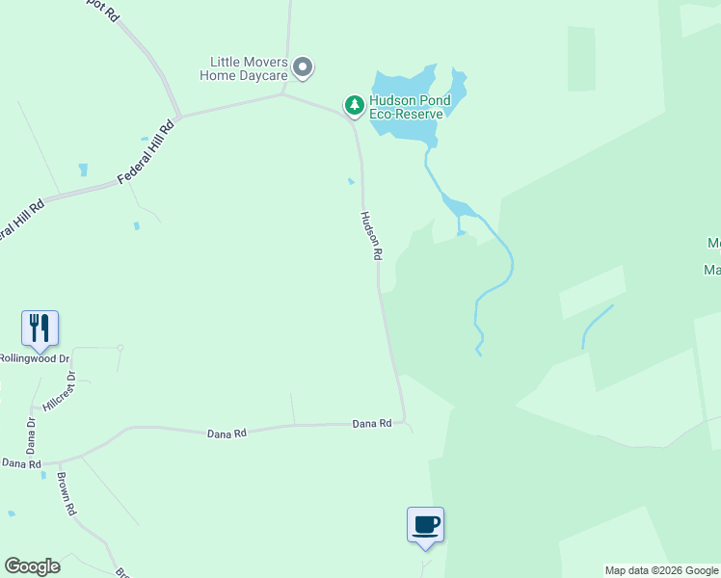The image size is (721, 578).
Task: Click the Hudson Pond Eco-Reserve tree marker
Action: pos(355,104)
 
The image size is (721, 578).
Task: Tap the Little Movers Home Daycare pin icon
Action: pos(303,67)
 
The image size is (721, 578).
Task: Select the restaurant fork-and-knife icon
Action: pos(40,328)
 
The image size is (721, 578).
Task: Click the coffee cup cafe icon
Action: pos(425,525)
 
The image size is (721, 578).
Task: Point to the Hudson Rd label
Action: pos(372,237)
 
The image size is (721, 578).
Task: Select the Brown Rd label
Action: pos(66,494)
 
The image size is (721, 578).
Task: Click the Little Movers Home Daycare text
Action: pos(244,67)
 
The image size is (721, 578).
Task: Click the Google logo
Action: pos(32,566)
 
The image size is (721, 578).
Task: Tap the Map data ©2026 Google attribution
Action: pos(661,570)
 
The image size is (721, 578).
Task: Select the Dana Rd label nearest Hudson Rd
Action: pos(371,423)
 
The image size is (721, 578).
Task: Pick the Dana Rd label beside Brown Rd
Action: pos(21,463)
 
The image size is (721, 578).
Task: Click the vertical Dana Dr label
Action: pos(31,435)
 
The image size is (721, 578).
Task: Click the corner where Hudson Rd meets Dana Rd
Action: pos(404,420)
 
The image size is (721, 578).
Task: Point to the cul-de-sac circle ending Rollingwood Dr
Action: pos(120,347)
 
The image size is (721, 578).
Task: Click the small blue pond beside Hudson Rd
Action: pos(351,180)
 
